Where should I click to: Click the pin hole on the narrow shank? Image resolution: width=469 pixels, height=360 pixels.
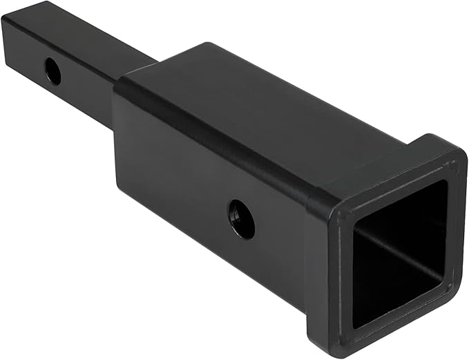coord(52,70)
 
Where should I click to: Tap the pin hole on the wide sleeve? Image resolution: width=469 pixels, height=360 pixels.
coord(242,219)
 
